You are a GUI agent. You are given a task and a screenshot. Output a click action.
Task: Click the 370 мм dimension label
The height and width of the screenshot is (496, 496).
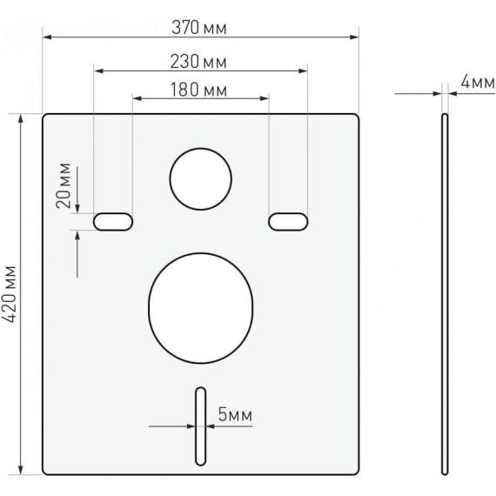point(199,28)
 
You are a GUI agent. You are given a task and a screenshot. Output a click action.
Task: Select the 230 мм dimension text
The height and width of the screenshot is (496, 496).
point(198,62)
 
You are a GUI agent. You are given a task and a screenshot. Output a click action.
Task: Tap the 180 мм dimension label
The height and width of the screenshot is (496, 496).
point(198,90)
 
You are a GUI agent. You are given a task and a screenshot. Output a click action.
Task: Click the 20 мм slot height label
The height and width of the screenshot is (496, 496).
point(64,185)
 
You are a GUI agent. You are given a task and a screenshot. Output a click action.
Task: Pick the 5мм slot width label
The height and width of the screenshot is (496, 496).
point(235,414)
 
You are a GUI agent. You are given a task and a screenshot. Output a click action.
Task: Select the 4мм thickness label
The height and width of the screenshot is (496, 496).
point(478,83)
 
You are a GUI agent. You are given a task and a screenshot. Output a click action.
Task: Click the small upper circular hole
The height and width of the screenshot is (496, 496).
point(200,179)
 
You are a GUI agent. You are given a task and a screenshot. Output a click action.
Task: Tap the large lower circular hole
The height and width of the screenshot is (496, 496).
point(200,308)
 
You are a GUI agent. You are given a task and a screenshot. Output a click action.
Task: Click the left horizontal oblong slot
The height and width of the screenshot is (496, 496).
point(113,222)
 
